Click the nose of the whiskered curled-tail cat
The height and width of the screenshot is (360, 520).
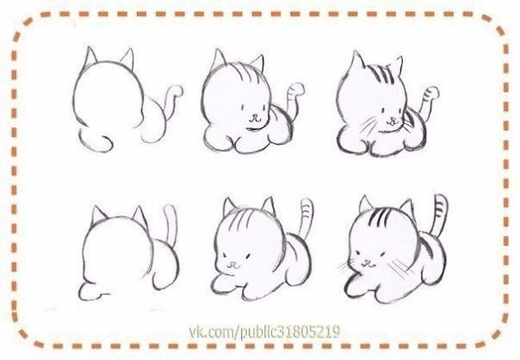pyautogui.click(x=393, y=119)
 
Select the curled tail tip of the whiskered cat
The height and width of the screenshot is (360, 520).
pyautogui.click(x=432, y=92)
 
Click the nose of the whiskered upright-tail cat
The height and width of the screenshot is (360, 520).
pyautogui.click(x=367, y=262)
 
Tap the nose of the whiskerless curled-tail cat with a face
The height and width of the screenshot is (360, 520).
pyautogui.click(x=254, y=117)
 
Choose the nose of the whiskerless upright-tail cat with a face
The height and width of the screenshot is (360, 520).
pyautogui.click(x=233, y=264)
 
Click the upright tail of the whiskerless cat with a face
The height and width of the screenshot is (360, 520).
pyautogui.click(x=305, y=219)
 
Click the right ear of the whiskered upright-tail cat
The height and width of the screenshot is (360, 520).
pyautogui.click(x=407, y=208)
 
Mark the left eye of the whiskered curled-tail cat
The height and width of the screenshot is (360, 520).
pyautogui.click(x=382, y=110)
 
